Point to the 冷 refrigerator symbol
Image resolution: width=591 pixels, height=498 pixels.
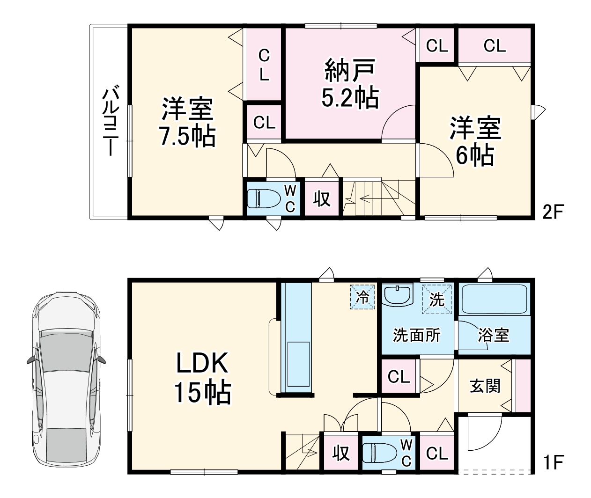pyautogui.click(x=362, y=297)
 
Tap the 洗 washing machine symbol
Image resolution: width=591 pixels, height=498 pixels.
pyautogui.click(x=437, y=299)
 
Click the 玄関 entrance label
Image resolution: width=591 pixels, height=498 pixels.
pyautogui.click(x=485, y=386)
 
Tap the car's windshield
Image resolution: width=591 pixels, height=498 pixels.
pyautogui.click(x=67, y=351)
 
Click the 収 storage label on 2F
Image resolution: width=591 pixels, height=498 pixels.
pyautogui.click(x=322, y=198)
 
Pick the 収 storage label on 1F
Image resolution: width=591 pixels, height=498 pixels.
pyautogui.click(x=341, y=453)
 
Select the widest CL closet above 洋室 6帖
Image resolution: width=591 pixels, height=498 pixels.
pyautogui.click(x=495, y=45)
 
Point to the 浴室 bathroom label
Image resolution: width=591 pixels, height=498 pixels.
pyautogui.click(x=494, y=335)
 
